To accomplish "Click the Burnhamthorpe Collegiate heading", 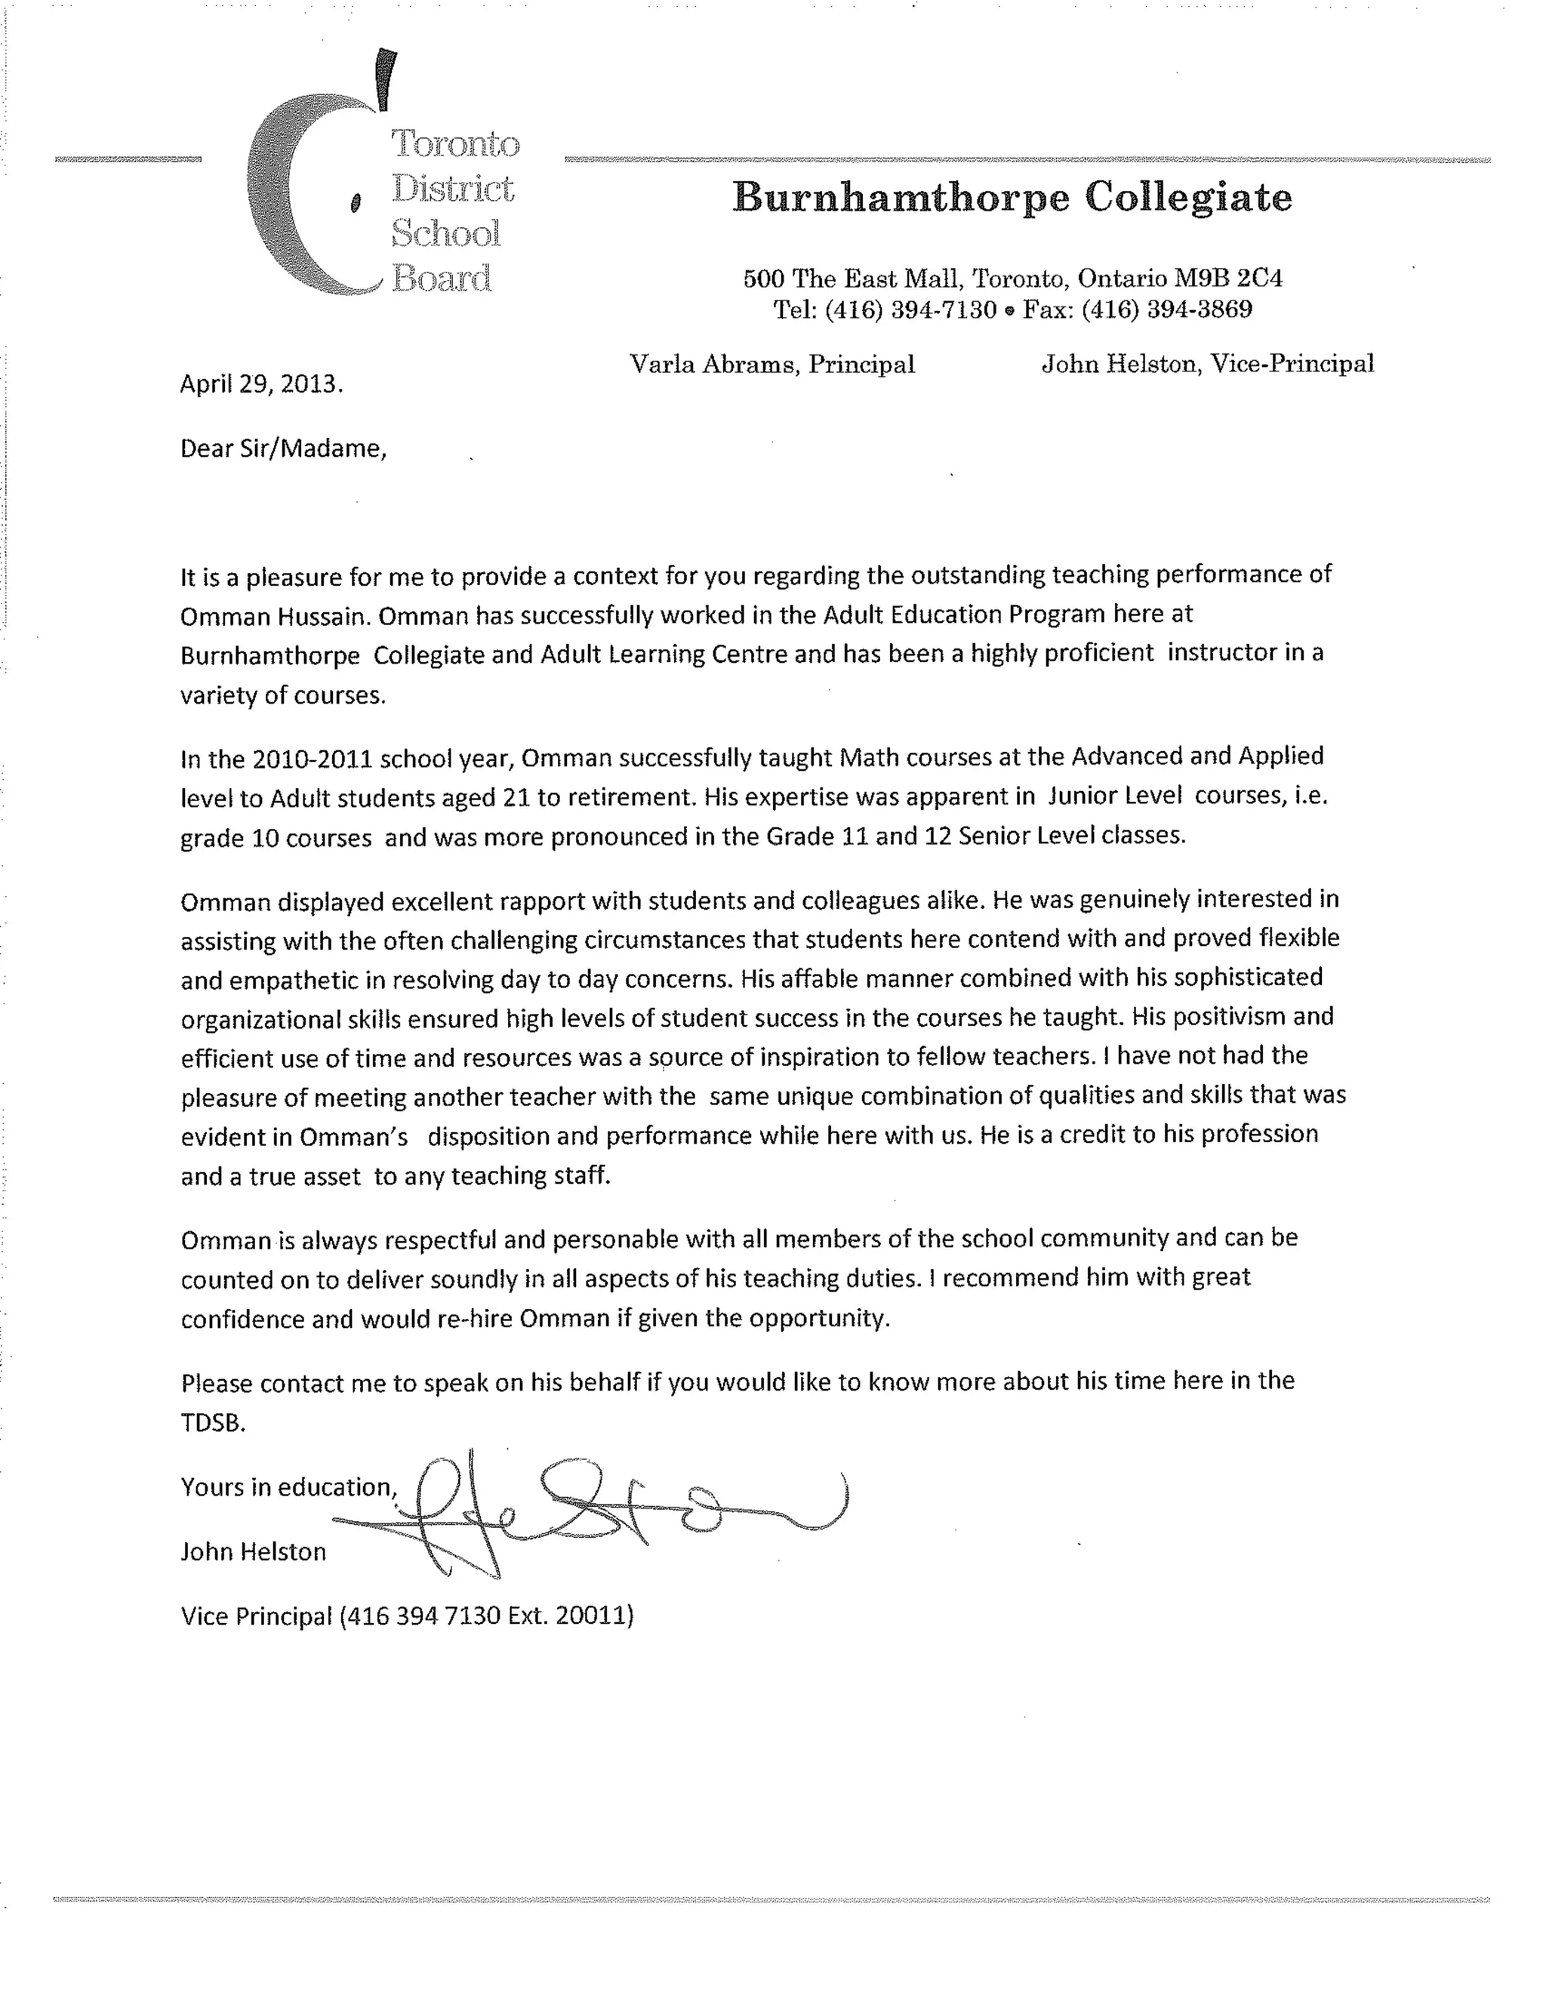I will [x=1012, y=197].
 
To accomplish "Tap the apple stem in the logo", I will [x=386, y=77].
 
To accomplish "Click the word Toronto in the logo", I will [x=455, y=144].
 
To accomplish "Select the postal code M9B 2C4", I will [x=1228, y=278].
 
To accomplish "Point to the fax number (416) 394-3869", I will [x=1167, y=310].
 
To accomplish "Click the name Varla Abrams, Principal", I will [x=772, y=365].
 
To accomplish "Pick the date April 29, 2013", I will [x=261, y=383].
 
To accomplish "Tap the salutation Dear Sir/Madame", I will [x=283, y=448].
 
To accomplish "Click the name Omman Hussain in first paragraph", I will [x=275, y=617].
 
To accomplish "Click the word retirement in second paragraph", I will [x=633, y=798].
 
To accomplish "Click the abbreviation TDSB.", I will [x=213, y=1423].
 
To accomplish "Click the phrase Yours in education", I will [x=288, y=1487].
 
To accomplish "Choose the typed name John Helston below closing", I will [x=253, y=1552].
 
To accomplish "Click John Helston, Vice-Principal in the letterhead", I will [x=1208, y=365].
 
